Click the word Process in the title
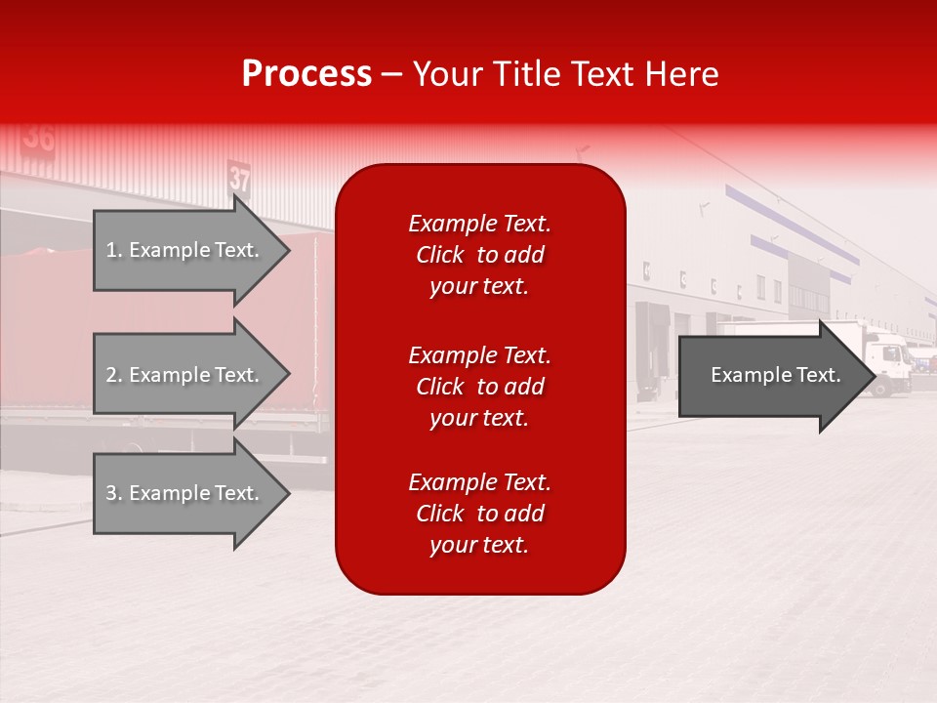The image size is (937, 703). point(306,74)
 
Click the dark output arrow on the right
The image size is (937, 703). point(771,376)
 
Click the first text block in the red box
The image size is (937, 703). point(479,255)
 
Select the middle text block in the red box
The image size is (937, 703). point(479,386)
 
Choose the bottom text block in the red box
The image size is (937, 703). point(479,514)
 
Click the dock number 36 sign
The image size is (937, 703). point(39,138)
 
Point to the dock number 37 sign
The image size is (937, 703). point(240,179)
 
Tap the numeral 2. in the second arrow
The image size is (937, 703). point(113,375)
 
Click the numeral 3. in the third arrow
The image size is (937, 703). point(113,493)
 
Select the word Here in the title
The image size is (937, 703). point(683,74)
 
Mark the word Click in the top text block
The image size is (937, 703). point(440,255)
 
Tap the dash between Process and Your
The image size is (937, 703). point(391,74)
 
